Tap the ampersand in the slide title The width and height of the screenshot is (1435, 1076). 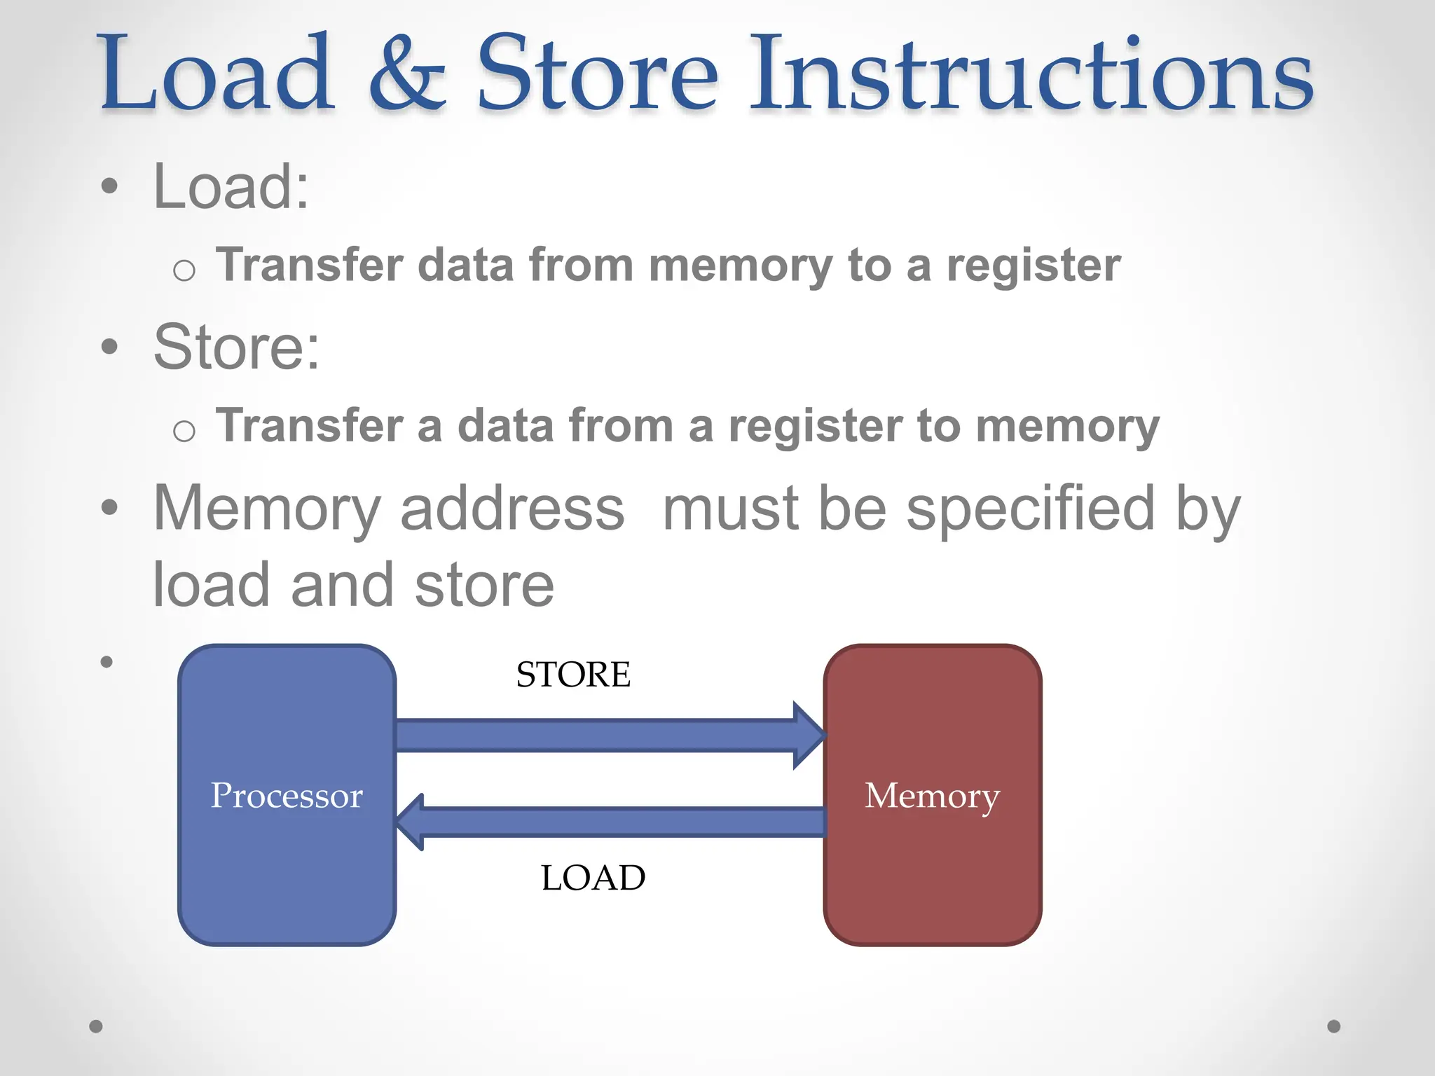click(406, 76)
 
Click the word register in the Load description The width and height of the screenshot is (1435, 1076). click(1034, 266)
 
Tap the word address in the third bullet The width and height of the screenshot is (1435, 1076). click(512, 509)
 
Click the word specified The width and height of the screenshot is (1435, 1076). click(1030, 510)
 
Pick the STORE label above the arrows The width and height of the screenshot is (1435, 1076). click(573, 675)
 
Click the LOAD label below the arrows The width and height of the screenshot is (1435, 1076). click(593, 878)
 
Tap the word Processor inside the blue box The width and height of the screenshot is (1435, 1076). click(287, 796)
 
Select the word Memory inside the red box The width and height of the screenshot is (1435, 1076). click(932, 796)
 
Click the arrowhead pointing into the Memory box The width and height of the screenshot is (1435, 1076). click(809, 736)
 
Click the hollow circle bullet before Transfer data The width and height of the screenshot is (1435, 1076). click(184, 270)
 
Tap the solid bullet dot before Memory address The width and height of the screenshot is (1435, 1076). click(109, 507)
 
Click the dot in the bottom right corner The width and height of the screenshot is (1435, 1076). click(1334, 1026)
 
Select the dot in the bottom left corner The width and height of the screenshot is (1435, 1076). click(96, 1026)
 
